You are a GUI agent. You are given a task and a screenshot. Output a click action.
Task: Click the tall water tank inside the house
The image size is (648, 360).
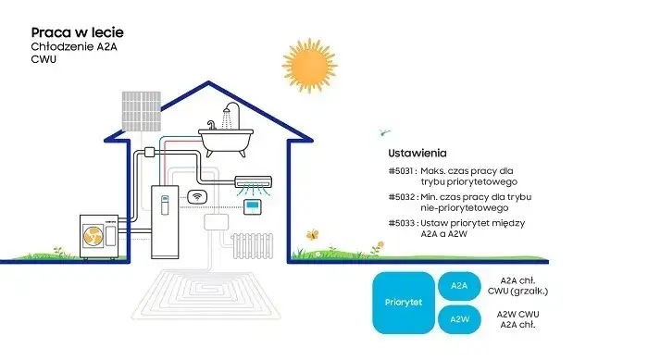tap(164, 220)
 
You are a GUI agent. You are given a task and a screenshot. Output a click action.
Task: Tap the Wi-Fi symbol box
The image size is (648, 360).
tap(197, 196)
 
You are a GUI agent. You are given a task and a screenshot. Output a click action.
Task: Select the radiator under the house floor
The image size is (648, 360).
tap(253, 245)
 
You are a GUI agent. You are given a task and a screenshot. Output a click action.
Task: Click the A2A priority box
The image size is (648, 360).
tap(459, 287)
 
